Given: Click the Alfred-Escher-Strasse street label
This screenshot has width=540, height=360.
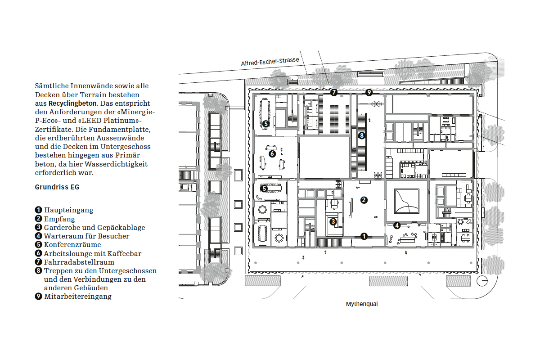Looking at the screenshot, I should [270, 62].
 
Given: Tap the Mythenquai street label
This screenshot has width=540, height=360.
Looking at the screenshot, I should [362, 304].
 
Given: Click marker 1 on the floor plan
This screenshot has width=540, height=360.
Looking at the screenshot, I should [364, 236].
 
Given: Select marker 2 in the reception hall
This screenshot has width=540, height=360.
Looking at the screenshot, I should [364, 200].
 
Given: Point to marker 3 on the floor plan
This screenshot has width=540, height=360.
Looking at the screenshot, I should [333, 221].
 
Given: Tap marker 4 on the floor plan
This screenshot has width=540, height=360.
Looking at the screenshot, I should [397, 225].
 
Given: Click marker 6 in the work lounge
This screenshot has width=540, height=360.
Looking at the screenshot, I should [272, 153].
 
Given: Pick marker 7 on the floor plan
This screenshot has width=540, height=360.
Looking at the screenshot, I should [333, 93].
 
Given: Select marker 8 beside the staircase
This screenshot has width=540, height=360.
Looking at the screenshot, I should [361, 135].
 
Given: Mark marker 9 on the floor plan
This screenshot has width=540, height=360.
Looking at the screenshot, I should [369, 93].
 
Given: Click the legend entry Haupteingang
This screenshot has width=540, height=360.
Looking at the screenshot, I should [68, 210].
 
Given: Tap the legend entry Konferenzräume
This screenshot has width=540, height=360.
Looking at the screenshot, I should [72, 245].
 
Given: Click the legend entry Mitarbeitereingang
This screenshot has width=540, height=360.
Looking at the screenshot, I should [77, 297].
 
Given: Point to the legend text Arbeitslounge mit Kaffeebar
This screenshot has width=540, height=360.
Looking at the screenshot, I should [92, 253].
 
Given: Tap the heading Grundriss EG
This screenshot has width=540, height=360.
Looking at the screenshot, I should [57, 187].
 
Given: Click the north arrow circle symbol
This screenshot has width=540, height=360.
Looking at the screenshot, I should [483, 280].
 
